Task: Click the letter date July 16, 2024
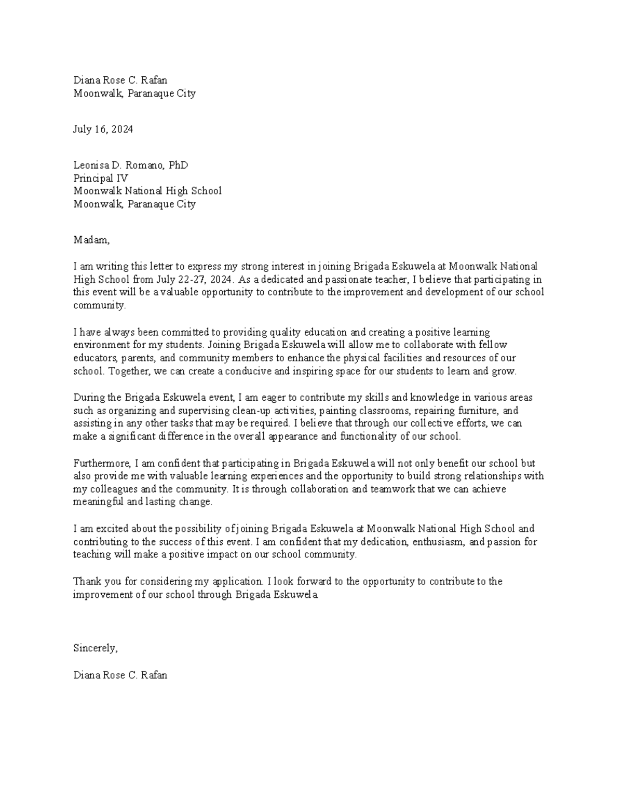click(103, 129)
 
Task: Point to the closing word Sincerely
click(96, 648)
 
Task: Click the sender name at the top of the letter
click(120, 80)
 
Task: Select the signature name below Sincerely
click(120, 675)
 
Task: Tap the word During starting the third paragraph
click(89, 398)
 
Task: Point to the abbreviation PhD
click(178, 165)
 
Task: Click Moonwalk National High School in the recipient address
click(147, 190)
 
